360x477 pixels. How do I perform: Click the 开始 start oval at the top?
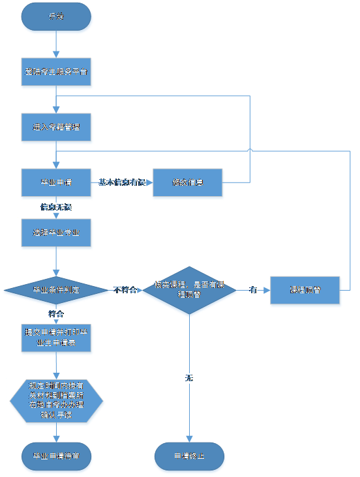(x=56, y=16)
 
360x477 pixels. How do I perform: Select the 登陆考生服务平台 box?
(x=56, y=72)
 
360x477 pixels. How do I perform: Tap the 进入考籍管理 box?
(x=56, y=127)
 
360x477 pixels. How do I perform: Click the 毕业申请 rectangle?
(x=56, y=182)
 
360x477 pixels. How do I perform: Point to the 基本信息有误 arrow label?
(x=122, y=182)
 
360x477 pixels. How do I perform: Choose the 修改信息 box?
(x=188, y=182)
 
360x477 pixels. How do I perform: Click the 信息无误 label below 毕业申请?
(x=56, y=207)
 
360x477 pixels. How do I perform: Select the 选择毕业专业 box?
(x=56, y=232)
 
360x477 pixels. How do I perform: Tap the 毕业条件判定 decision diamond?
(x=56, y=290)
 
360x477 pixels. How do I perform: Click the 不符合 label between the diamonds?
(x=125, y=290)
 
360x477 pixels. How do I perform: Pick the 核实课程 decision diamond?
(x=189, y=290)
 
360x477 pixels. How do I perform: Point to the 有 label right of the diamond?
(x=252, y=290)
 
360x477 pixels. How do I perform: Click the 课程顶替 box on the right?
(x=305, y=290)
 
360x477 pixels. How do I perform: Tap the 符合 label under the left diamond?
(x=56, y=314)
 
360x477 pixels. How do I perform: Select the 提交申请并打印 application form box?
(x=56, y=338)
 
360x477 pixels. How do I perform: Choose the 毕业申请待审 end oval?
(x=56, y=456)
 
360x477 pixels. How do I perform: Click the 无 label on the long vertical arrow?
(x=189, y=378)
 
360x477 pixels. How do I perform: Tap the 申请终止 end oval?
(x=189, y=456)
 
